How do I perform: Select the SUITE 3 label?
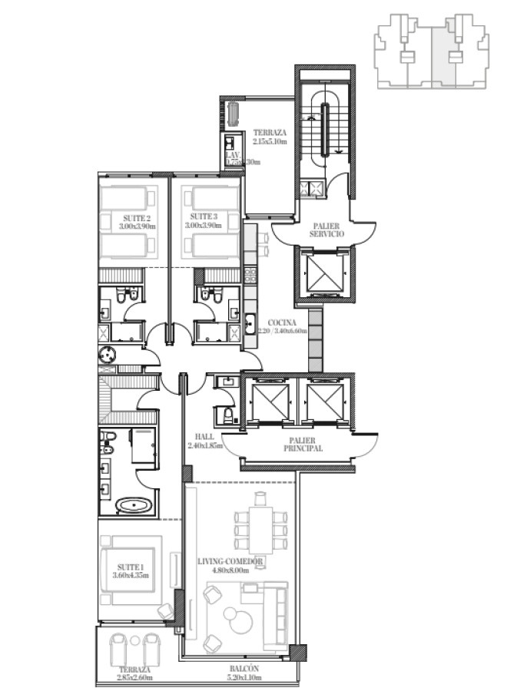coord(203,218)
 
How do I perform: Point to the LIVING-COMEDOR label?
coord(230,562)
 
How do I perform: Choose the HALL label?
coord(204,436)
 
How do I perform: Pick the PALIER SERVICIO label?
coord(326,229)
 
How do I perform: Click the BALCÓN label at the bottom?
coord(242,669)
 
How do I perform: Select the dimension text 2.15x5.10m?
coord(270,142)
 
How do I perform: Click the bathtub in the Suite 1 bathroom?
coord(135,506)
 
